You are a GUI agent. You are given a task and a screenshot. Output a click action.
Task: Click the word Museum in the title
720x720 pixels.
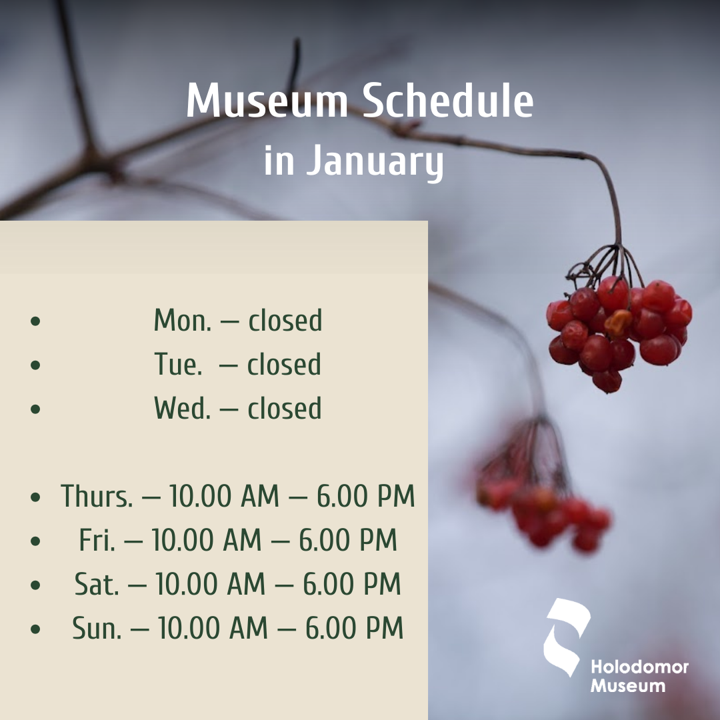point(267,101)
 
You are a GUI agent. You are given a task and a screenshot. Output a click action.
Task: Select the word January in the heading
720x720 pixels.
point(375,161)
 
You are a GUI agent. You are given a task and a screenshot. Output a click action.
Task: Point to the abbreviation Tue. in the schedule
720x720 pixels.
point(178,364)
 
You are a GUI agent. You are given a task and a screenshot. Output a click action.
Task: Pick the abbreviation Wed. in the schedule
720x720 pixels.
point(182,408)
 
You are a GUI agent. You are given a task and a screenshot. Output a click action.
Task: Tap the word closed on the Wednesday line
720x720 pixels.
point(285,408)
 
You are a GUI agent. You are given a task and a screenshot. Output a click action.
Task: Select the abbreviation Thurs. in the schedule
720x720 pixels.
point(97,496)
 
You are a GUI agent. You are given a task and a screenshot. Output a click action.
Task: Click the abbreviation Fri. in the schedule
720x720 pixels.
point(97,539)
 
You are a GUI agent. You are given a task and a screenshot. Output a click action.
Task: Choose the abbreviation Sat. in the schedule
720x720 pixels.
point(97,583)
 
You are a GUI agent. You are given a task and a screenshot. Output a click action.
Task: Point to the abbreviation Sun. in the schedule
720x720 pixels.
point(97,628)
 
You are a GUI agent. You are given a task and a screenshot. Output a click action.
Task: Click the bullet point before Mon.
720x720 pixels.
point(35,321)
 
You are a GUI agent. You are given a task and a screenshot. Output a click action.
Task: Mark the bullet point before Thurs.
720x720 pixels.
point(35,497)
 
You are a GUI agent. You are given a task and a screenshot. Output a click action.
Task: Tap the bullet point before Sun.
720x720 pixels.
point(35,629)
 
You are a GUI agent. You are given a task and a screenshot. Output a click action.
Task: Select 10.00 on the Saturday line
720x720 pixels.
point(187,583)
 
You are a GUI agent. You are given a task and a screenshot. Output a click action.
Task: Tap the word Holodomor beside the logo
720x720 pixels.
point(639,667)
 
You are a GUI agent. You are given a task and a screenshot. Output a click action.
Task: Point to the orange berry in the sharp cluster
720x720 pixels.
point(617,323)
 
